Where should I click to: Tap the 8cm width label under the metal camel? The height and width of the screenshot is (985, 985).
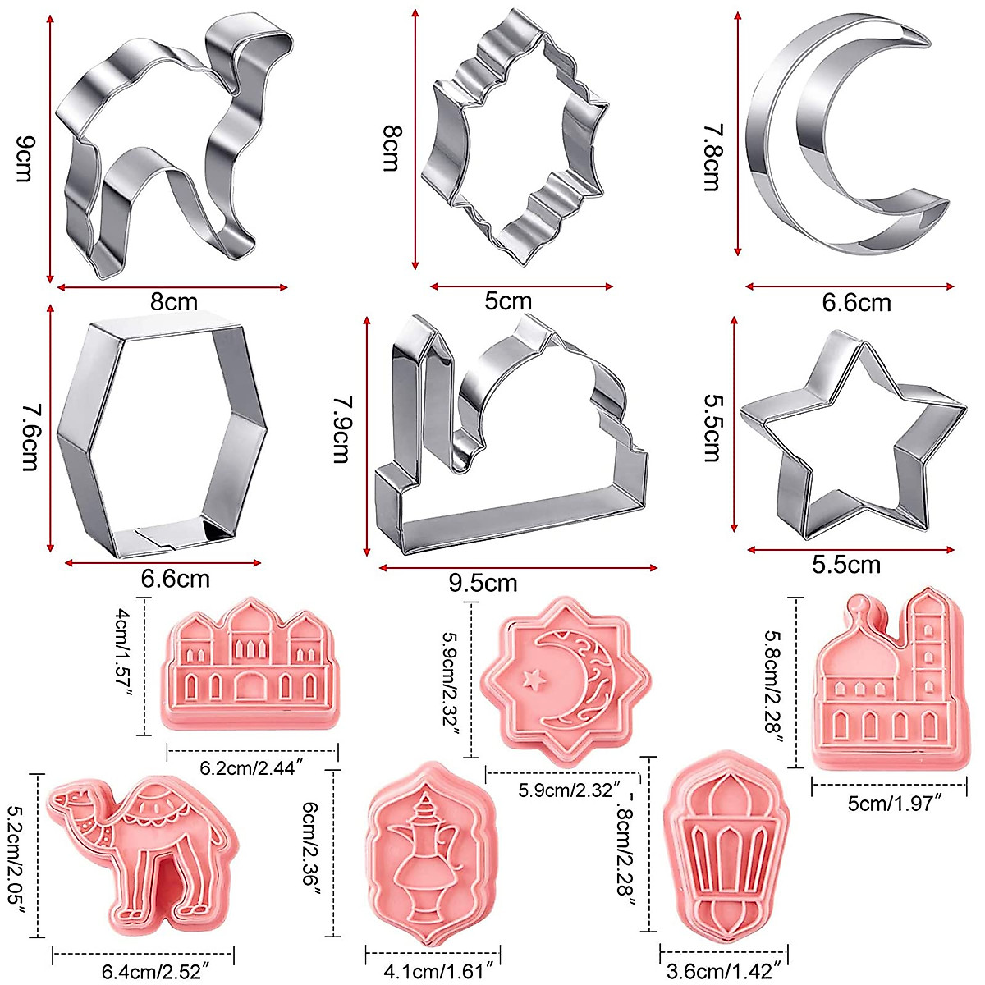pos(174,301)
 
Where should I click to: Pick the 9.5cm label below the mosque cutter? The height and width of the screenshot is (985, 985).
pos(483,583)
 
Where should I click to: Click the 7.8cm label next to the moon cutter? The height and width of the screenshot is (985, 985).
pos(711,158)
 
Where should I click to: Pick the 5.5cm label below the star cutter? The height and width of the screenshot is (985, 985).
pos(845,565)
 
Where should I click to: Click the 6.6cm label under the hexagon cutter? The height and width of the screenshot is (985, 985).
pos(175,578)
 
